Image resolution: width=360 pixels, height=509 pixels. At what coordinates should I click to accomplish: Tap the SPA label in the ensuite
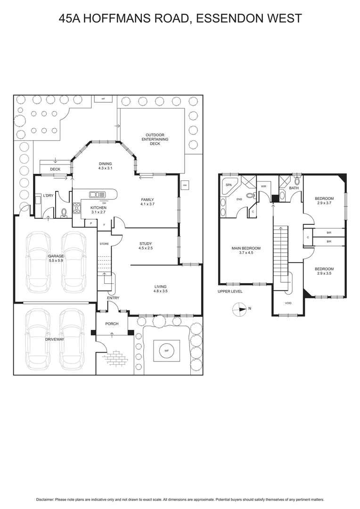(229, 185)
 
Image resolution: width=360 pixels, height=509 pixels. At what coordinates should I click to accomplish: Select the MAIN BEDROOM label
(245, 248)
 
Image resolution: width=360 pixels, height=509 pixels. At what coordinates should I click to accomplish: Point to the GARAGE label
(56, 256)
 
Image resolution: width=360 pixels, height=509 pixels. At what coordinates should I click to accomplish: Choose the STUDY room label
(145, 244)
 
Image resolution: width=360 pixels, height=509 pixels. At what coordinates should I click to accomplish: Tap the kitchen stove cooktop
(76, 208)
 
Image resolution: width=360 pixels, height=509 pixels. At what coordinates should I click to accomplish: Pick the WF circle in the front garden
(166, 351)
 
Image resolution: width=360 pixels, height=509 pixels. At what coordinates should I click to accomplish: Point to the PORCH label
(112, 324)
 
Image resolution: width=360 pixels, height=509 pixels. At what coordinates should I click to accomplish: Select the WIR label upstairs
(264, 187)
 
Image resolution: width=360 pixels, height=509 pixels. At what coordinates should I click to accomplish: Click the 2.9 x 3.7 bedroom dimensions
(324, 203)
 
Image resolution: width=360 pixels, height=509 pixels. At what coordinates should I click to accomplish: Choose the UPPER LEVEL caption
(230, 292)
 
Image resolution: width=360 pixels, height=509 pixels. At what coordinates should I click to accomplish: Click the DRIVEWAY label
(55, 339)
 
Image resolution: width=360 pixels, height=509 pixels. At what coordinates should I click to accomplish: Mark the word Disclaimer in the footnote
(45, 499)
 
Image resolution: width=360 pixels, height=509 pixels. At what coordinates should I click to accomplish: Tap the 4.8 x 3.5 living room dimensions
(160, 291)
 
